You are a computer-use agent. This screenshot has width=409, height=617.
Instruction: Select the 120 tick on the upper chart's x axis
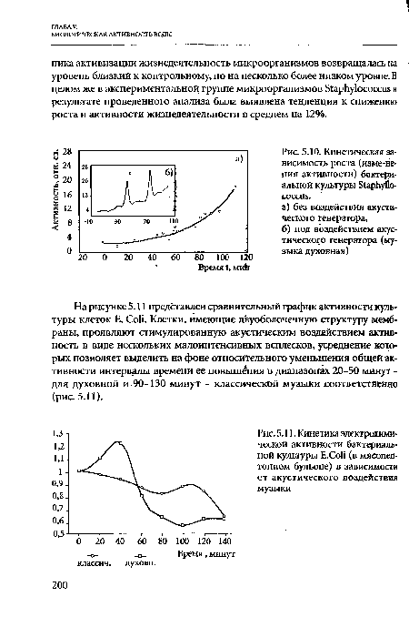(244, 258)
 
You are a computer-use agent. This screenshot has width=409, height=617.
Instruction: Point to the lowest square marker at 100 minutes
(182, 526)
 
